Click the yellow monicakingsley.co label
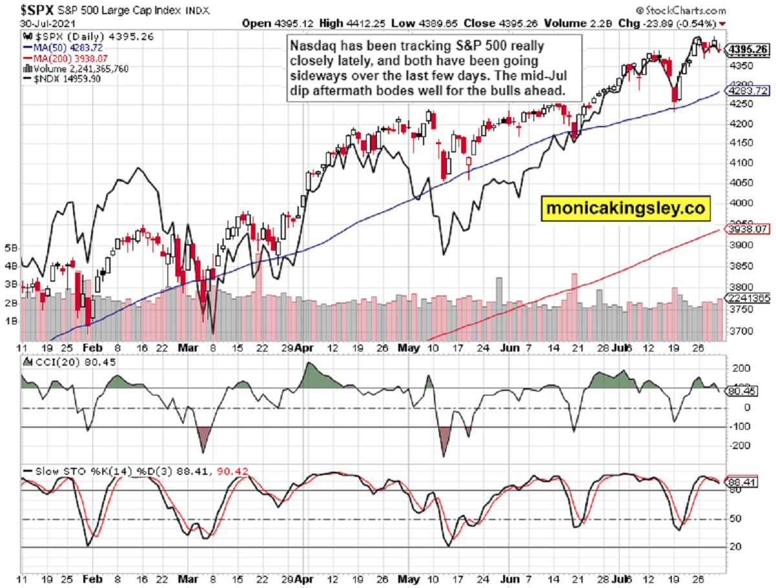pos(623,209)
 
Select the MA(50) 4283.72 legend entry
pos(63,48)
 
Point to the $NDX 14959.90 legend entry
pos(60,78)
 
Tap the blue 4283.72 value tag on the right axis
pos(747,91)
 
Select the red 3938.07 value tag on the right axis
pos(747,229)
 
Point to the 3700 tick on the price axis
pos(740,331)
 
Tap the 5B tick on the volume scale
pos(11,247)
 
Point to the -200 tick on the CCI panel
pos(741,446)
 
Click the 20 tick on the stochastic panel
pos(735,547)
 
